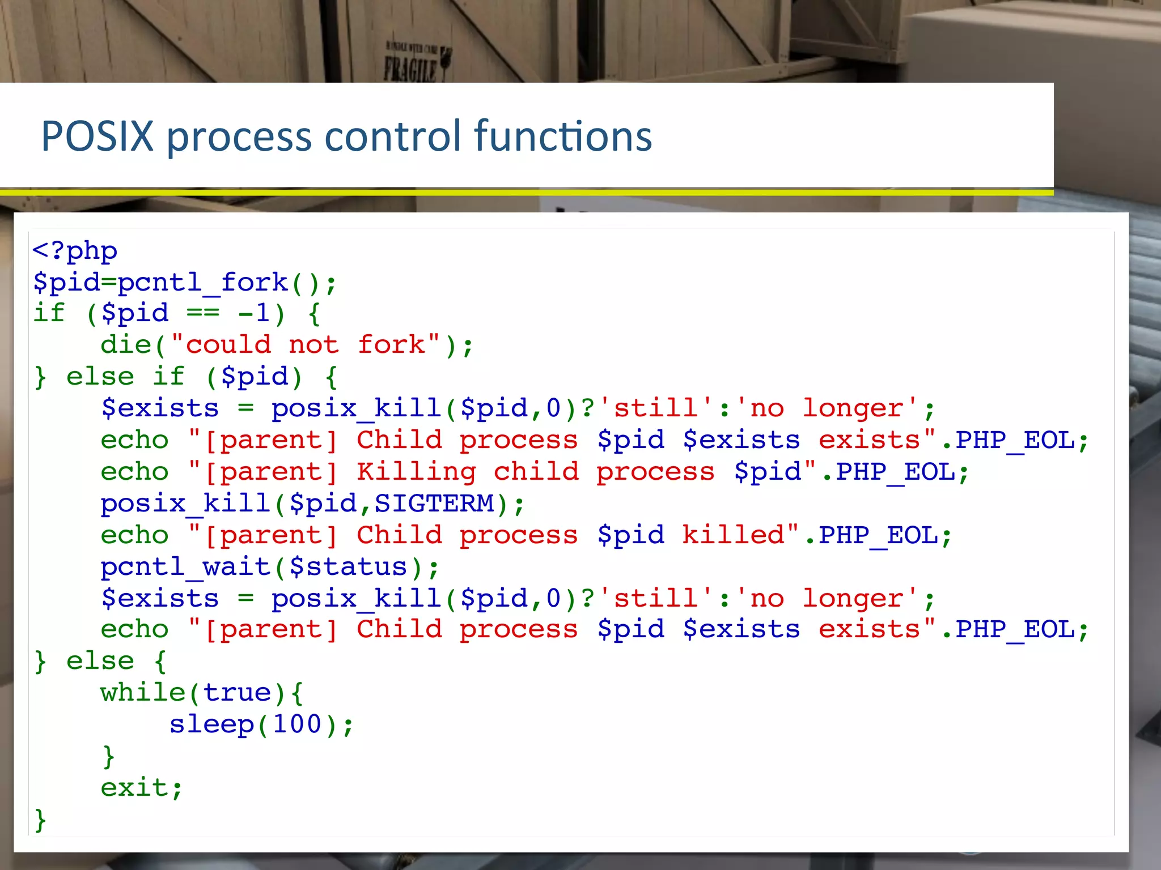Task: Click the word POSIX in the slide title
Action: [98, 137]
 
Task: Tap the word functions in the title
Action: [563, 137]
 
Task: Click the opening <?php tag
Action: [75, 251]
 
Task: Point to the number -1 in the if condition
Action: [253, 313]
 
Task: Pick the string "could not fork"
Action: [306, 345]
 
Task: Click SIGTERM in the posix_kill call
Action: [434, 504]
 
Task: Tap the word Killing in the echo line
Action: [416, 472]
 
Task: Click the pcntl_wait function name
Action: [185, 567]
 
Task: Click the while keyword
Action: [143, 693]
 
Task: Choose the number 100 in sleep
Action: [296, 724]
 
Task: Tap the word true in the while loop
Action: [236, 693]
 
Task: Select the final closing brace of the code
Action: [40, 820]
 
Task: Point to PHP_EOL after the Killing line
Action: [895, 472]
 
